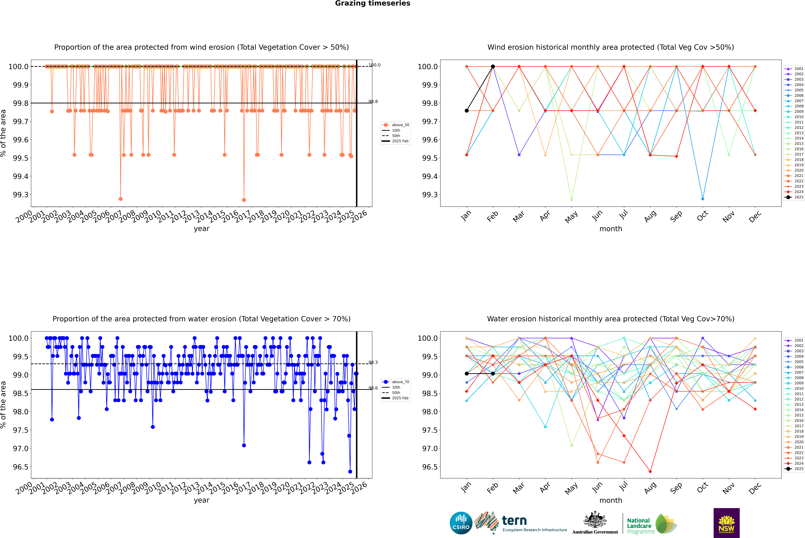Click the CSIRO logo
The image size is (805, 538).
[461, 523]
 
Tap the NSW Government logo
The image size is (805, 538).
[726, 523]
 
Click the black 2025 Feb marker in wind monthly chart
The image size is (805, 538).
[493, 67]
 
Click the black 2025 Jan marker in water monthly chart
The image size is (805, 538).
[467, 374]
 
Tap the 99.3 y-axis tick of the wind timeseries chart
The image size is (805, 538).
[21, 195]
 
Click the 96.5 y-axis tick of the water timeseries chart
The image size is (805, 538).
[21, 467]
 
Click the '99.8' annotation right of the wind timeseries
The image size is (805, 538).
[373, 102]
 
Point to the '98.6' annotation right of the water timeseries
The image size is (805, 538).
[373, 388]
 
